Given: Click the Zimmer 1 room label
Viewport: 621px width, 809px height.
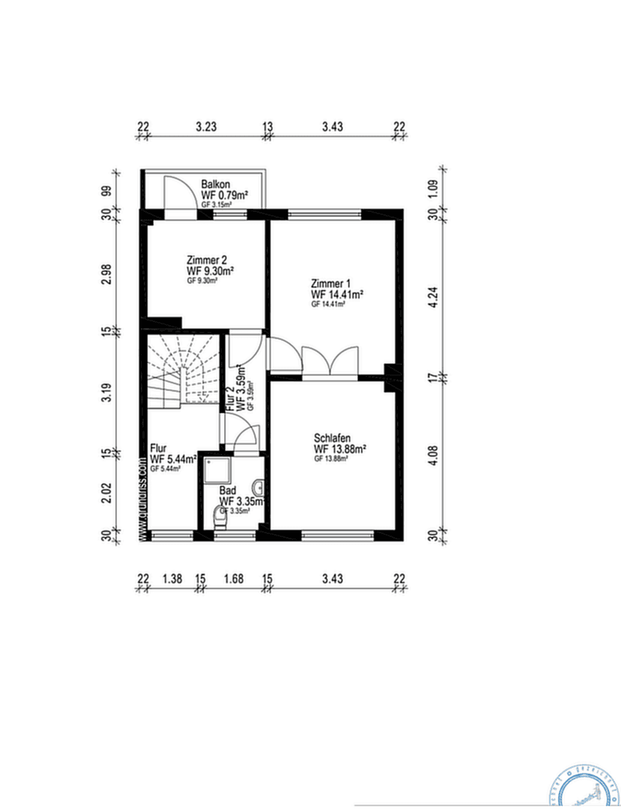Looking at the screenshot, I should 330,284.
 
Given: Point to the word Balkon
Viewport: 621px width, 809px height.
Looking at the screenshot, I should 215,184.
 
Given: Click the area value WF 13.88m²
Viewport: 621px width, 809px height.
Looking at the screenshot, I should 339,449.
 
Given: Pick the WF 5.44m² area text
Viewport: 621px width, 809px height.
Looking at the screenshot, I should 173,459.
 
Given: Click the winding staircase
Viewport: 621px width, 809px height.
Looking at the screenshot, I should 183,372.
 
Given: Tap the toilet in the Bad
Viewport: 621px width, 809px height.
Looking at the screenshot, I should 220,517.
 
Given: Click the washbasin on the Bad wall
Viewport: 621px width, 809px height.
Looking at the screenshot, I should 259,485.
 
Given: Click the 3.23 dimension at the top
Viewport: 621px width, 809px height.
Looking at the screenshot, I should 206,127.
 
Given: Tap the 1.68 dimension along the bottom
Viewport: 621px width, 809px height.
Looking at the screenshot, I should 233,578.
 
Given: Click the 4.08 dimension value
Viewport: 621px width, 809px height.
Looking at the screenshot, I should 432,456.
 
